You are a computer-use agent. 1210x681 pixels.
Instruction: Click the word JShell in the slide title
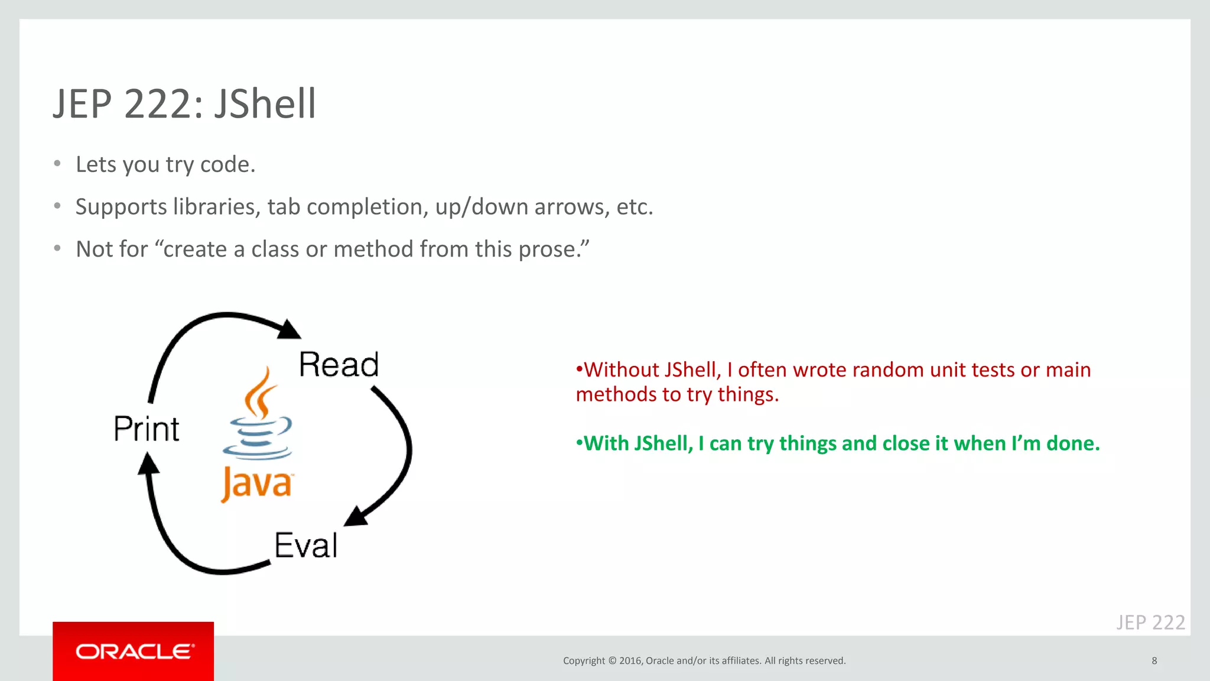click(x=265, y=104)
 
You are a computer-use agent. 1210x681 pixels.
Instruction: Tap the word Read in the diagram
click(x=339, y=364)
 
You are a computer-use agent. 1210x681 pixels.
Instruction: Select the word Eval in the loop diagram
click(x=306, y=545)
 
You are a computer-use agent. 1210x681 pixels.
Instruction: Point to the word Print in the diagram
click(x=146, y=429)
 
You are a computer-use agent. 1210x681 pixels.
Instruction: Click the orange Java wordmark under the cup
click(x=256, y=484)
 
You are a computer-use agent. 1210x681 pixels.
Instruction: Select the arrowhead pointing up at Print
click(x=148, y=463)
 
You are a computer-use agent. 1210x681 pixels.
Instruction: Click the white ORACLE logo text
click(x=134, y=651)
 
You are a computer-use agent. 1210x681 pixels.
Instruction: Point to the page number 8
click(x=1154, y=660)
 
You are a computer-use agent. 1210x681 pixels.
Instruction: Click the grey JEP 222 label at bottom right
click(x=1150, y=622)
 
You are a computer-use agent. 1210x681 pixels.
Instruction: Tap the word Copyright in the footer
click(x=584, y=660)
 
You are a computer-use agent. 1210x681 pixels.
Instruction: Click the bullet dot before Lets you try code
click(x=57, y=164)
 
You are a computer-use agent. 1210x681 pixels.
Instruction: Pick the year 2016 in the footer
click(x=630, y=660)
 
